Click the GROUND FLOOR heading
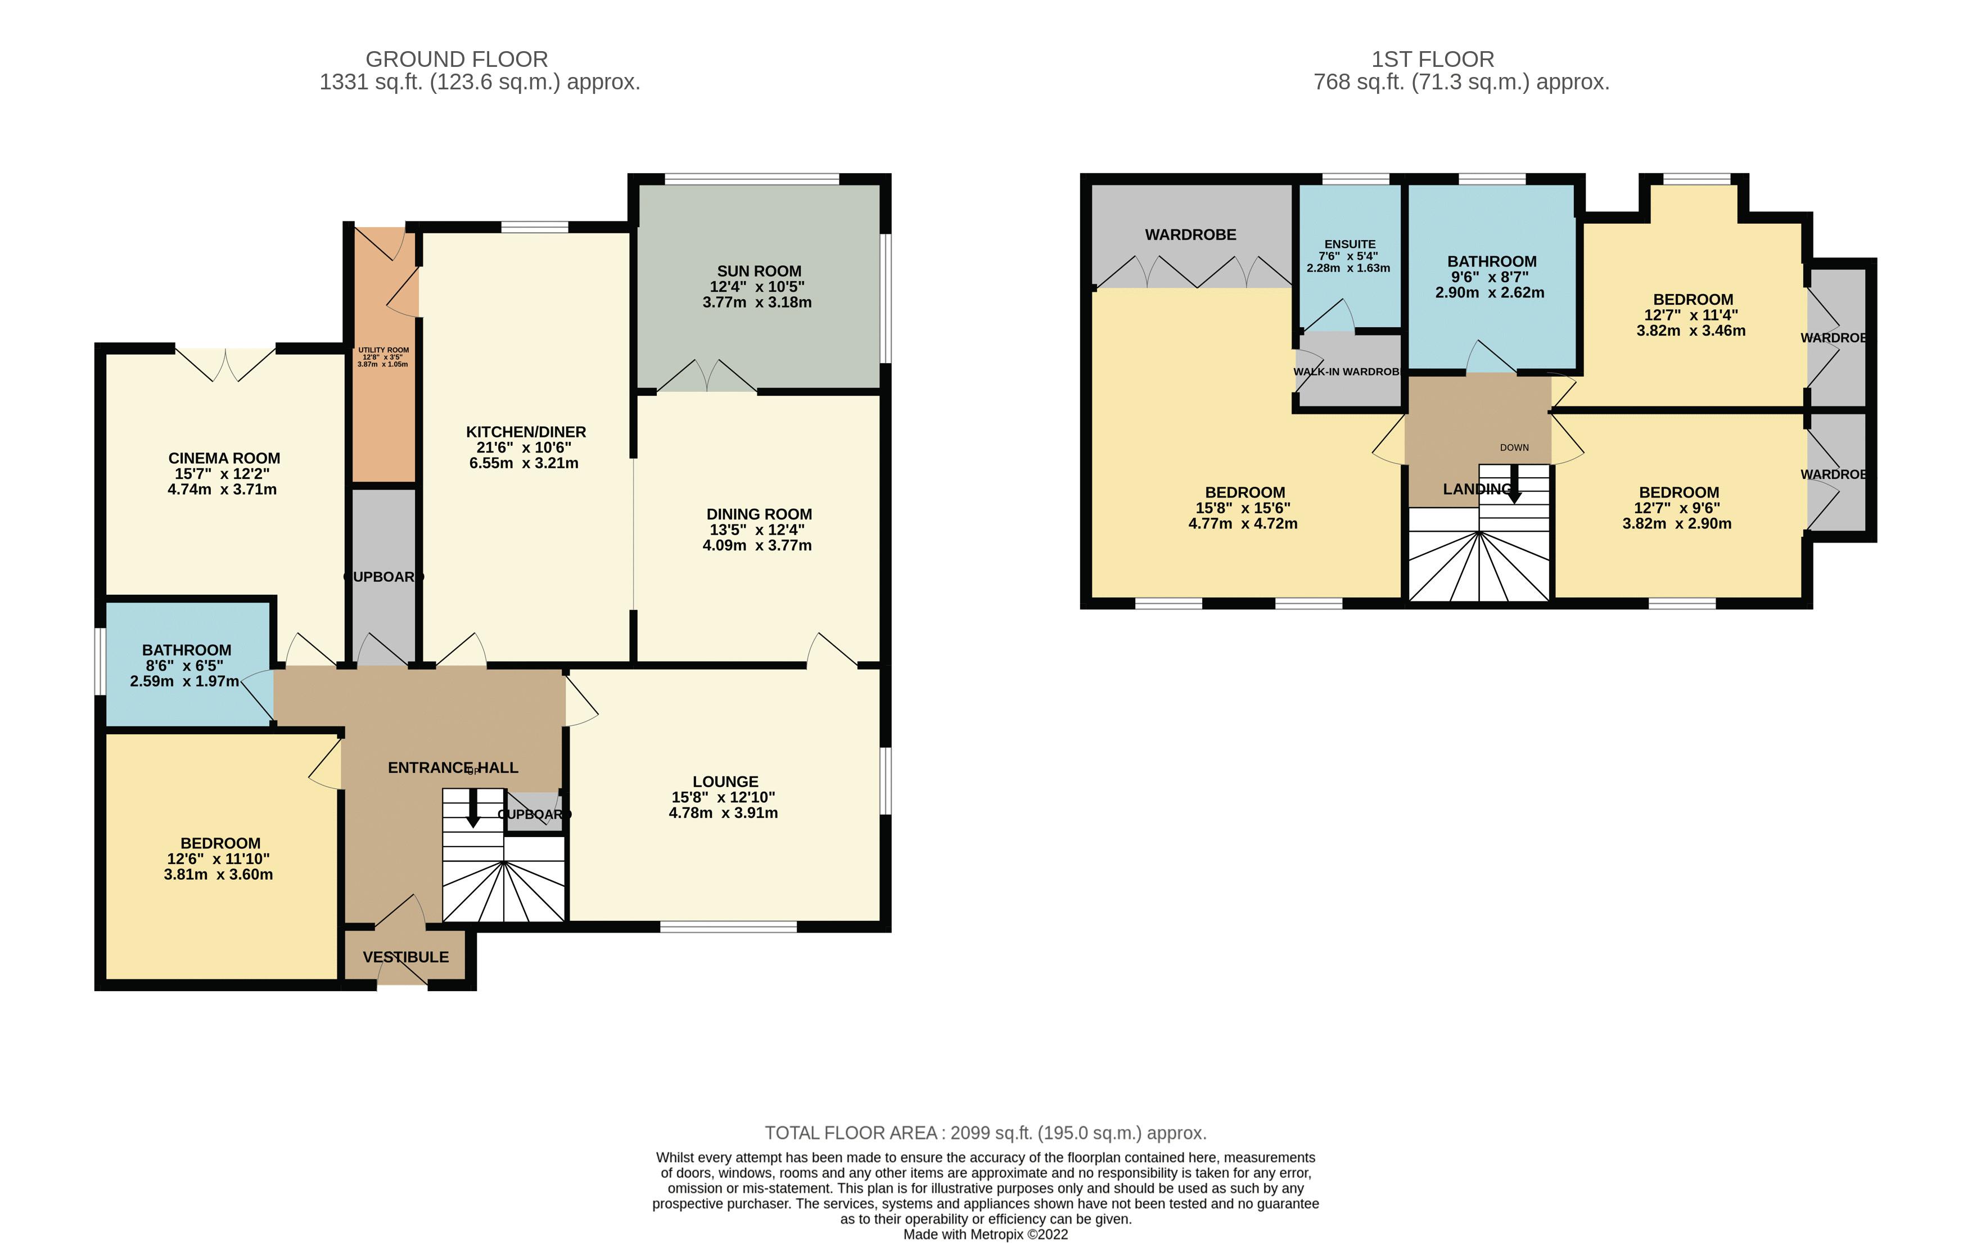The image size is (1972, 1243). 456,60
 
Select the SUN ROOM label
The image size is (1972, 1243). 759,271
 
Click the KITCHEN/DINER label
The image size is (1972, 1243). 526,432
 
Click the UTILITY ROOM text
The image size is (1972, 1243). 383,350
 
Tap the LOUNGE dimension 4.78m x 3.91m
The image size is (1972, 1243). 723,813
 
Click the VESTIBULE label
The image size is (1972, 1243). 405,956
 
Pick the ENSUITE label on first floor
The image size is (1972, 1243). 1350,244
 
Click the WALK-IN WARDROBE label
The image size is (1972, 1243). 1346,372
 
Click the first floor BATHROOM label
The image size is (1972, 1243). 1491,261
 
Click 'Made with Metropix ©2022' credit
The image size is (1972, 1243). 985,1235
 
